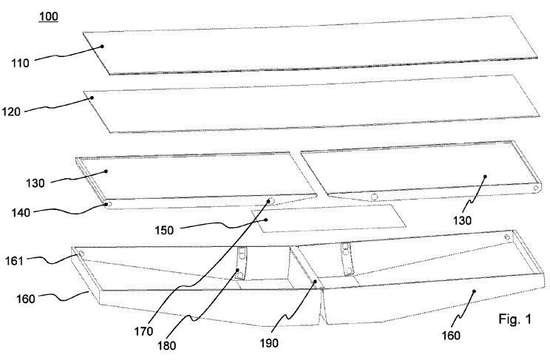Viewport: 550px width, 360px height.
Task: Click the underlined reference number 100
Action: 48,16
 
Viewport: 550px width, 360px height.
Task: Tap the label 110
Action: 20,63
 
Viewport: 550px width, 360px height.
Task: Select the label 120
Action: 11,112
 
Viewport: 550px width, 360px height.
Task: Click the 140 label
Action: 21,212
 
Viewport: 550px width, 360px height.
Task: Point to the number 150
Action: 164,231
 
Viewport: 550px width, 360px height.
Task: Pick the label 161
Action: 14,261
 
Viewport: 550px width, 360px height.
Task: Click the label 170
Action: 143,331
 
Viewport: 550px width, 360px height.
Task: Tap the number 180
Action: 166,346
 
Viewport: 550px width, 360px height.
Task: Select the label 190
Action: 268,343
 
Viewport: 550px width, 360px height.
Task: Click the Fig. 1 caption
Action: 515,319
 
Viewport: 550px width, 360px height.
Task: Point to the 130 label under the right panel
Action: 462,221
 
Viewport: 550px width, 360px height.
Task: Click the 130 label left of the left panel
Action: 35,183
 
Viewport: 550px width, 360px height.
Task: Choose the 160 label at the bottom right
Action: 451,336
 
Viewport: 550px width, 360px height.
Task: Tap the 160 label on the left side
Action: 26,299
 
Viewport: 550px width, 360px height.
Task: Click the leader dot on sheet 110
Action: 103,46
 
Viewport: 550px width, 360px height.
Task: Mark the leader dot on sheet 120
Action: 92,98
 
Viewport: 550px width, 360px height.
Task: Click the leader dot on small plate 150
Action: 266,220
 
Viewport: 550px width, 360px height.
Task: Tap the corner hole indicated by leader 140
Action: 109,204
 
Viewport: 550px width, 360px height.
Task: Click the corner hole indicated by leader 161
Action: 81,254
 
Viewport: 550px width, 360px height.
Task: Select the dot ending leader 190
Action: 315,282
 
